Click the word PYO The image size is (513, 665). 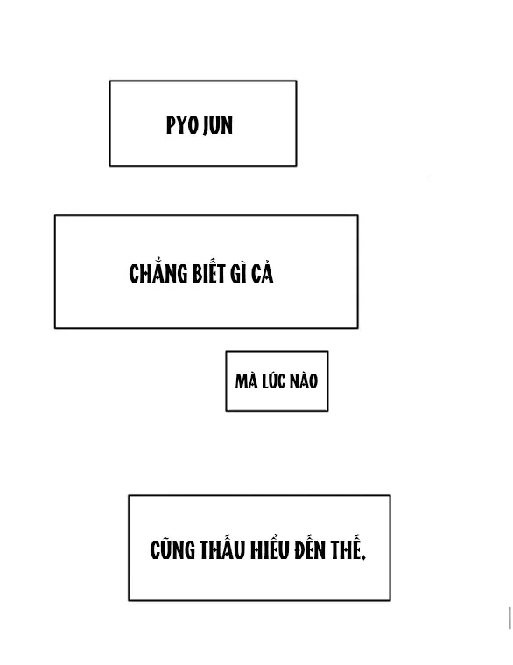pyautogui.click(x=182, y=125)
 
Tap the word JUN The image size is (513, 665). pyautogui.click(x=218, y=126)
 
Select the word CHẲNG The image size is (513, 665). pyautogui.click(x=158, y=272)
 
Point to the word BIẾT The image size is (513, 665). pyautogui.click(x=208, y=271)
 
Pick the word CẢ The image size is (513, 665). pyautogui.click(x=263, y=272)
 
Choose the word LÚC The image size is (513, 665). pyautogui.click(x=273, y=380)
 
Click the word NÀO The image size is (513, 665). pyautogui.click(x=303, y=380)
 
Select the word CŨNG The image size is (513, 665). pyautogui.click(x=172, y=549)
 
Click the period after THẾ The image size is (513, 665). pyautogui.click(x=364, y=558)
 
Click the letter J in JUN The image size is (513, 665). pyautogui.click(x=207, y=126)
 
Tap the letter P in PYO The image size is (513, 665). pyautogui.click(x=171, y=125)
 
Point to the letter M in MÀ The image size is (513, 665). pyautogui.click(x=242, y=381)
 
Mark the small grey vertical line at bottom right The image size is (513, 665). pyautogui.click(x=509, y=618)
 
